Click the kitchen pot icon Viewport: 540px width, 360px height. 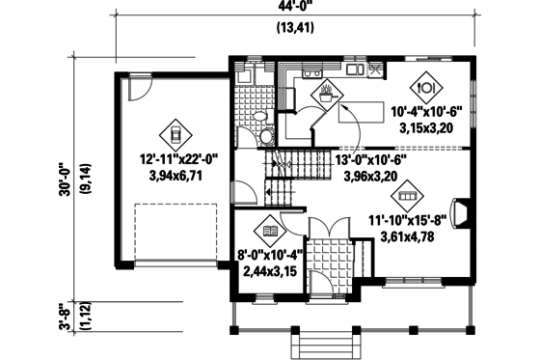pyautogui.click(x=327, y=95)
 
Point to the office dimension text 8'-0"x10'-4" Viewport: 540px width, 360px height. pyautogui.click(x=269, y=263)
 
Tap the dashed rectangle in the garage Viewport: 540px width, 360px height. pyautogui.click(x=174, y=232)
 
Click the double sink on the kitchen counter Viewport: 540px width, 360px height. pyautogui.click(x=311, y=72)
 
